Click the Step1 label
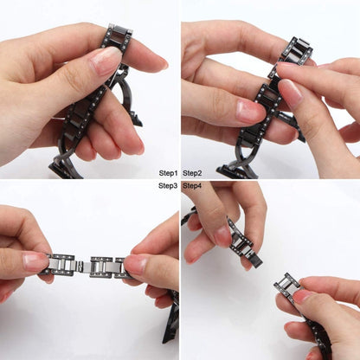168,173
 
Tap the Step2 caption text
192,173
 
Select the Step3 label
168,186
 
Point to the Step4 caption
192,186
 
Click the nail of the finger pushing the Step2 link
291,92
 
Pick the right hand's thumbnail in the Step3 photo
135,263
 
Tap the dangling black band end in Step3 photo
171,318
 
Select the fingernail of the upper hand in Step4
222,236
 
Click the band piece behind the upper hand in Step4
189,215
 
